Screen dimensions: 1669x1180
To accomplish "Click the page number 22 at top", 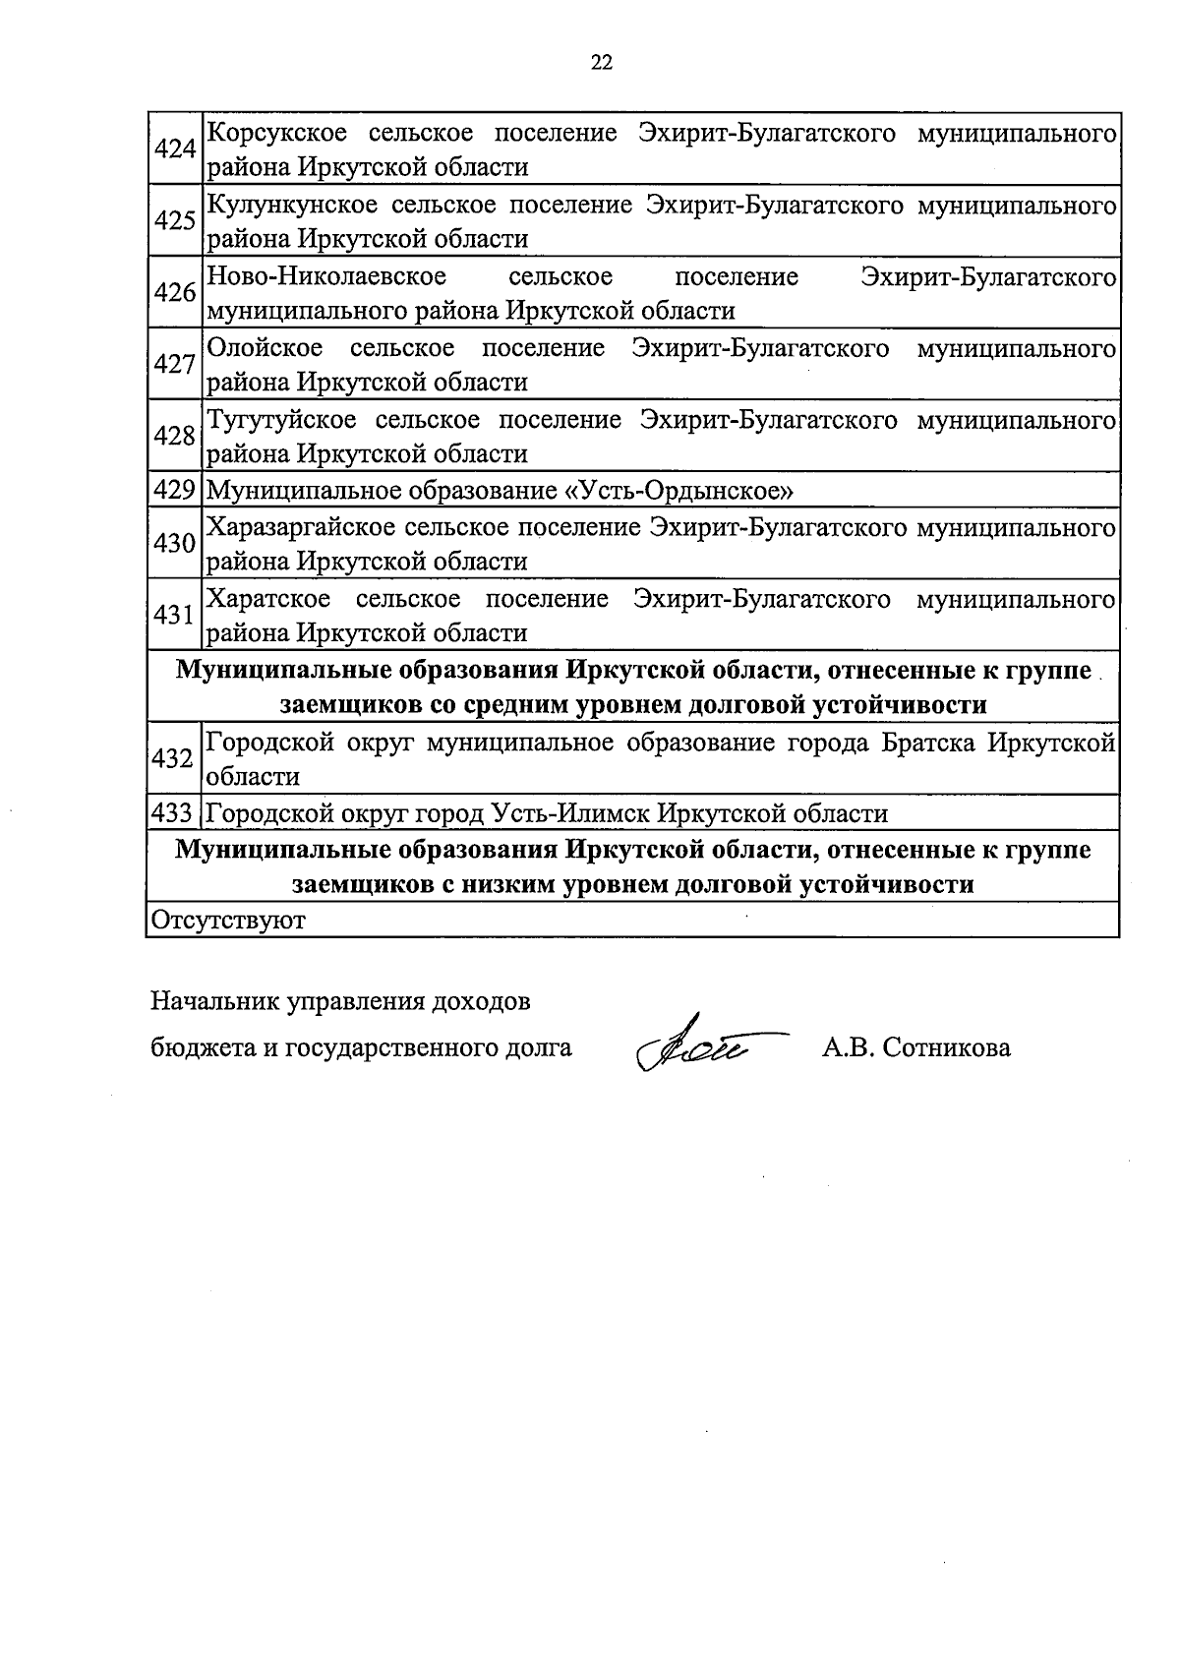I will click(602, 63).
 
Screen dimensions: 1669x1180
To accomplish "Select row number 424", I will click(175, 149).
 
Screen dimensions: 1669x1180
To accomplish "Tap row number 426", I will click(175, 293).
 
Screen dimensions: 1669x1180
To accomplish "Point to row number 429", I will click(175, 490).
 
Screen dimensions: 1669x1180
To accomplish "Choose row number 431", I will click(175, 616).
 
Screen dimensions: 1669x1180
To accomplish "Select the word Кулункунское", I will click(291, 205).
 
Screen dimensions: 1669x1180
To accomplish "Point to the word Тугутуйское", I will click(281, 420).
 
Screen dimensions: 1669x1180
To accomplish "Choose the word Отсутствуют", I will click(227, 921).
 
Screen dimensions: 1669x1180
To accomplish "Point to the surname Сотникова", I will click(946, 1048).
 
